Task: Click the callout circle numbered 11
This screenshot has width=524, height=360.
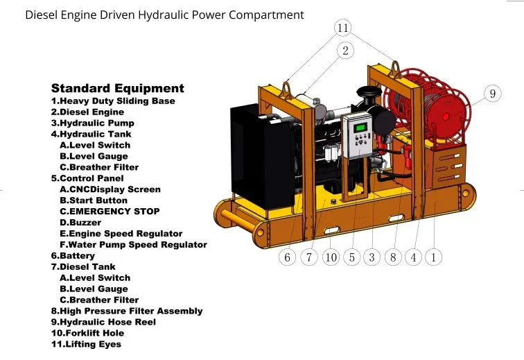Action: click(343, 28)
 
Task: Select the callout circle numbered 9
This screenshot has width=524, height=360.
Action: click(492, 93)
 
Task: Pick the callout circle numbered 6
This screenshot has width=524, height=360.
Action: click(288, 257)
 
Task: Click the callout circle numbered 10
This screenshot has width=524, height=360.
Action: click(331, 257)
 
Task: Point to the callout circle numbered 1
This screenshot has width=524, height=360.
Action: click(434, 257)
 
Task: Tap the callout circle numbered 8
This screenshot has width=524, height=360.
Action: click(393, 257)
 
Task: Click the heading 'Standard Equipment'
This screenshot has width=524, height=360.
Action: click(118, 88)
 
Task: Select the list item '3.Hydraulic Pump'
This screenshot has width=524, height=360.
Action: click(92, 123)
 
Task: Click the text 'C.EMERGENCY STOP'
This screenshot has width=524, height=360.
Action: click(110, 212)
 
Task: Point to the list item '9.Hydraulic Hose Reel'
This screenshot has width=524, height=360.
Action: click(103, 322)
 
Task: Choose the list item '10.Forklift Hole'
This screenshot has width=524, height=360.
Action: click(87, 333)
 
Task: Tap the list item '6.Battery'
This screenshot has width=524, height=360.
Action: click(73, 255)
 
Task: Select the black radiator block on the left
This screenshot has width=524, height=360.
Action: click(253, 156)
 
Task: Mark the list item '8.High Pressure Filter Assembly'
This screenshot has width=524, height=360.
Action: click(127, 311)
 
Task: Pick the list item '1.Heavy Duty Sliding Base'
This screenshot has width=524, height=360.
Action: click(113, 101)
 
